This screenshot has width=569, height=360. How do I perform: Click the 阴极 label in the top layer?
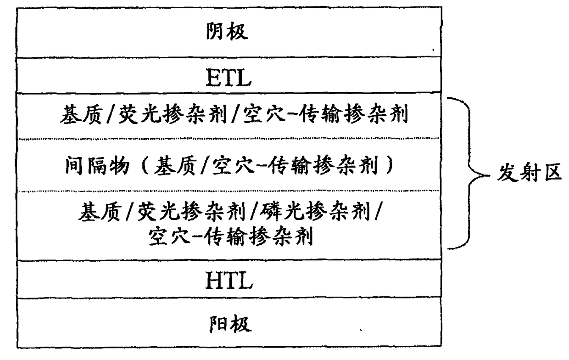228,32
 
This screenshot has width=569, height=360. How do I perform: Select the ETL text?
228,78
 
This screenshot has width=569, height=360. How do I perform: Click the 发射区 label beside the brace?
530,174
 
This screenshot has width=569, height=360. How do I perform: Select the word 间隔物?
95,166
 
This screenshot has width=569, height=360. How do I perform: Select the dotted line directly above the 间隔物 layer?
228,138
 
